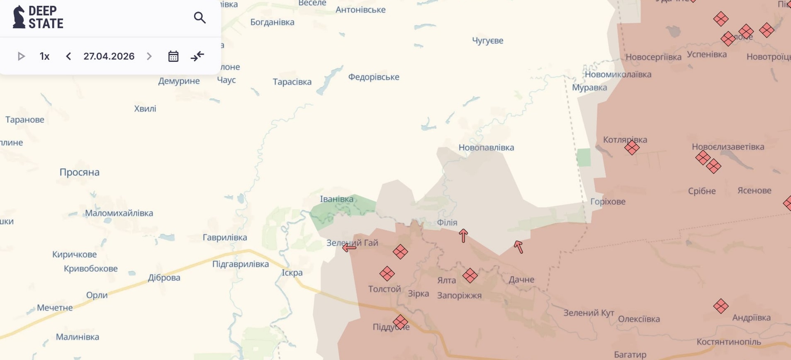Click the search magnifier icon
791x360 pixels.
[x=200, y=17]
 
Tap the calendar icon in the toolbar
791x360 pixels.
[x=173, y=56]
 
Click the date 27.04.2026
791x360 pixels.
[x=109, y=56]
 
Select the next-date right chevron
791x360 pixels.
[x=149, y=56]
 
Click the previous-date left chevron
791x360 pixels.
[x=68, y=56]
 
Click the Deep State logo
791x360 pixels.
[x=38, y=17]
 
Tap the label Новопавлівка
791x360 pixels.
[x=486, y=148]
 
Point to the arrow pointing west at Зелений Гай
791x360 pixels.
[x=349, y=248]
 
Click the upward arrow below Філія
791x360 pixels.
[x=463, y=236]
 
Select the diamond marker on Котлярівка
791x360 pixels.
[x=632, y=148]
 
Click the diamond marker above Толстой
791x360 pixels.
[x=387, y=274]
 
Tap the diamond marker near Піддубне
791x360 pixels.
[x=400, y=322]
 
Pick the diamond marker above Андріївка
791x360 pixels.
[x=720, y=306]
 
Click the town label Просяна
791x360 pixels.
[x=79, y=172]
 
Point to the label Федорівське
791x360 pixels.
[x=373, y=77]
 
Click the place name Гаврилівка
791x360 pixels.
[x=224, y=238]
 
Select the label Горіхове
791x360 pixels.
[x=608, y=202]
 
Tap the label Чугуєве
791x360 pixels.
[x=487, y=41]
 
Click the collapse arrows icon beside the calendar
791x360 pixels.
[x=197, y=56]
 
